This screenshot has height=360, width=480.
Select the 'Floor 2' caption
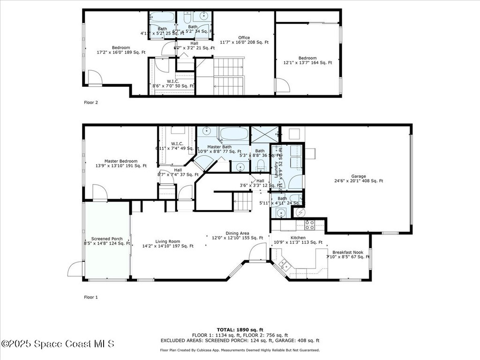pos(91,102)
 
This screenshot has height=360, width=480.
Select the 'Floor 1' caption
pos(91,297)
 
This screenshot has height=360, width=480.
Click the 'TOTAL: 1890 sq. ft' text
pos(240,330)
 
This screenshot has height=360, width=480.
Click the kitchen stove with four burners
pos(309,225)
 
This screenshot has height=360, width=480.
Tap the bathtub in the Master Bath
pos(233,134)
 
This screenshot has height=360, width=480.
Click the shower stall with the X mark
pos(264,134)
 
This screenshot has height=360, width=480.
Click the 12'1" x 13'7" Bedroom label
pos(307,60)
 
